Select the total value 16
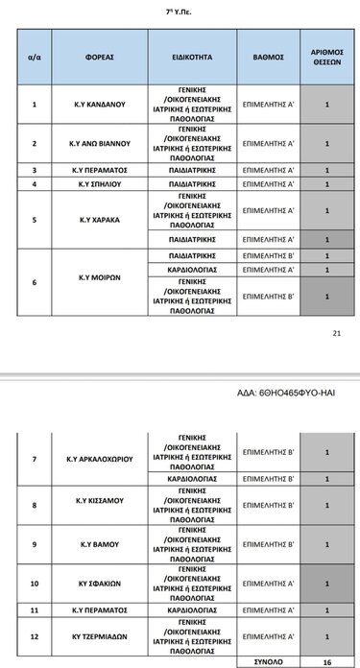tap(326, 661)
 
